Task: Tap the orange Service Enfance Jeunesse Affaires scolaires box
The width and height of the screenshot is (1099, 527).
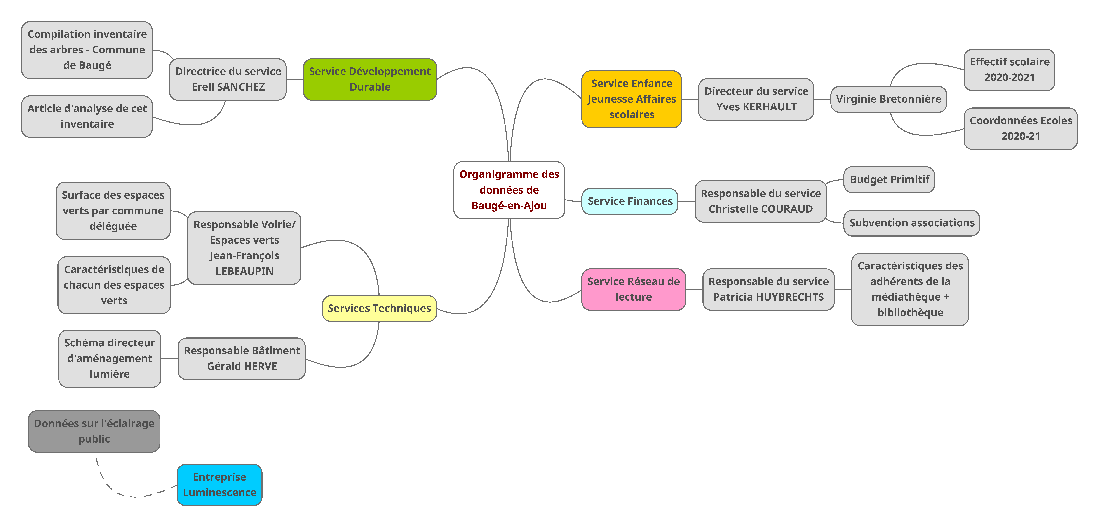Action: [x=631, y=99]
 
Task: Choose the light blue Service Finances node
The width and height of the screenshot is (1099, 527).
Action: [x=630, y=201]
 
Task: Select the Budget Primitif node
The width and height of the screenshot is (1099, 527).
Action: [x=889, y=179]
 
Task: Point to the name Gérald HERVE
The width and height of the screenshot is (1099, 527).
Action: [x=242, y=366]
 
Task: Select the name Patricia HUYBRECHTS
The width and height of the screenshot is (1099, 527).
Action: [x=768, y=297]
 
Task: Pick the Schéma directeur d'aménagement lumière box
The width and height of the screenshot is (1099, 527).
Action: [x=110, y=358]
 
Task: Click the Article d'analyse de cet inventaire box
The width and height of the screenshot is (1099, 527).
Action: [x=87, y=116]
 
